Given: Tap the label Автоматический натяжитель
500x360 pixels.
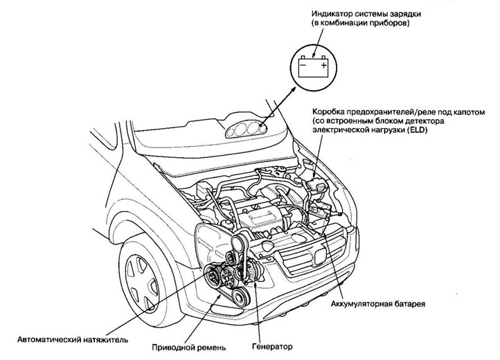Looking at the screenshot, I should tap(64, 340).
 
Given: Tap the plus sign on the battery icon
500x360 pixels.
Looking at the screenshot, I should tap(323, 66).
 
